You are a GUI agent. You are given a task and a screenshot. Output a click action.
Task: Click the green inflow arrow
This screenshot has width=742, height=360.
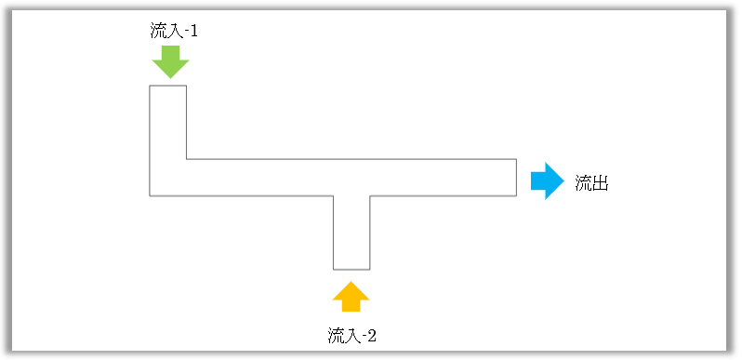[170, 61]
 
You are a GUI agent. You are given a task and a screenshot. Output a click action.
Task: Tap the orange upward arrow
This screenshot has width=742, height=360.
[351, 297]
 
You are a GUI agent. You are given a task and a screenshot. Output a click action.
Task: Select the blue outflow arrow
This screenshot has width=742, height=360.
[547, 180]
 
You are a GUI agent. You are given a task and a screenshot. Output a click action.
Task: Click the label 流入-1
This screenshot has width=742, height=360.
[174, 31]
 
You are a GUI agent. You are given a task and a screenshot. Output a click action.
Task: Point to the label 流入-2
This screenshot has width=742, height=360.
[351, 336]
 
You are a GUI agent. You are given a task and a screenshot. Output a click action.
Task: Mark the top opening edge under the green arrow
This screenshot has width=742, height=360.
[168, 86]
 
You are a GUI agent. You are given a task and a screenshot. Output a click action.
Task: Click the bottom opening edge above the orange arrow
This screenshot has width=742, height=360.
[351, 269]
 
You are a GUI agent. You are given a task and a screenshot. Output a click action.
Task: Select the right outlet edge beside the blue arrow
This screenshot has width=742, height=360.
[516, 178]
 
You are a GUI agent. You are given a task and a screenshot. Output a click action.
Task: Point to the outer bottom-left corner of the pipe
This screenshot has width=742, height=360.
[150, 195]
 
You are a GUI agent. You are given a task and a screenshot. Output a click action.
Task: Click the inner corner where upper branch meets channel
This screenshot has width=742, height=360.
[187, 159]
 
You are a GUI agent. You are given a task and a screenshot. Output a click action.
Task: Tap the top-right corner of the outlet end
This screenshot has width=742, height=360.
[516, 159]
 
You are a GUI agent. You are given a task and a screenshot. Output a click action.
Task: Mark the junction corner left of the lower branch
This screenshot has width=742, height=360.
[334, 195]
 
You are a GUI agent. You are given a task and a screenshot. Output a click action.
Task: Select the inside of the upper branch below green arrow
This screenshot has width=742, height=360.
[168, 121]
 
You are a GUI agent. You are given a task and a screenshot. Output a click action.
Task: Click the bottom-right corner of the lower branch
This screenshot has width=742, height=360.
[370, 269]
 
